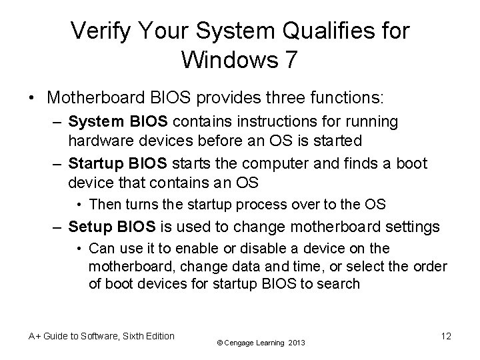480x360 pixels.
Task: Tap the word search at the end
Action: point(342,283)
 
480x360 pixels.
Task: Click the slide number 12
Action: point(445,336)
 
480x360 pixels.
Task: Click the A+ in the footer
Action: point(35,336)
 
